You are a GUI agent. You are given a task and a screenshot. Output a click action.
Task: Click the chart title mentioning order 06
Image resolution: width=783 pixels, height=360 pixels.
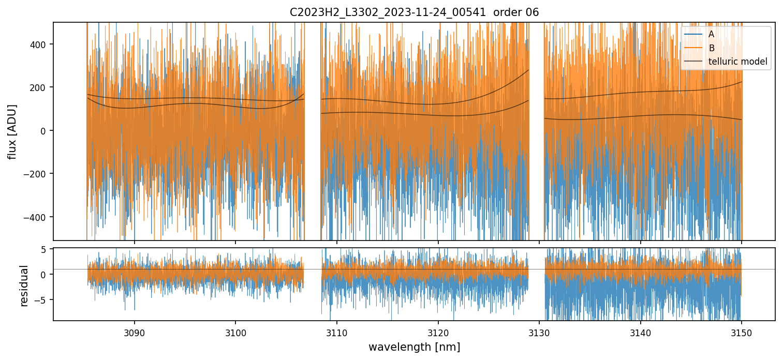click(413, 12)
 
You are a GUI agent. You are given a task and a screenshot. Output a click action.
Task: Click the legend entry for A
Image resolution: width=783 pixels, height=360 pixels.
click(712, 35)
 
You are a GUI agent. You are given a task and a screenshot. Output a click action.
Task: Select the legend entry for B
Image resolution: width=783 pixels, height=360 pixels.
click(712, 49)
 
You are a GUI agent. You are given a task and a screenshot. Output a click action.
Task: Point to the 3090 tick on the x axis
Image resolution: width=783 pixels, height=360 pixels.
click(135, 332)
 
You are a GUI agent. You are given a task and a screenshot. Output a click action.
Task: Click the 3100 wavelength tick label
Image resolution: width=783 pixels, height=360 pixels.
click(235, 332)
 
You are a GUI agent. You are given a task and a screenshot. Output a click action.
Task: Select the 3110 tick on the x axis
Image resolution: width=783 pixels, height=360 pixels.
click(337, 332)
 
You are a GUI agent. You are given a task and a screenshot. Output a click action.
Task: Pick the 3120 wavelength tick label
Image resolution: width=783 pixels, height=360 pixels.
click(438, 332)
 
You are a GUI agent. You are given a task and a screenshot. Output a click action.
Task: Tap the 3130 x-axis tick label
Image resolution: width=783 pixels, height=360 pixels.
click(539, 332)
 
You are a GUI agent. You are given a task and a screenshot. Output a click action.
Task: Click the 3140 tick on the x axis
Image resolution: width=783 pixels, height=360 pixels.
click(641, 332)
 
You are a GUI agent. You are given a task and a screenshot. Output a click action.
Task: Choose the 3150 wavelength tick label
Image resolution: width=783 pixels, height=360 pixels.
click(742, 332)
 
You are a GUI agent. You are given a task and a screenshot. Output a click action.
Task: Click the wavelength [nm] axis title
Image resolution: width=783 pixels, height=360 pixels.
click(414, 347)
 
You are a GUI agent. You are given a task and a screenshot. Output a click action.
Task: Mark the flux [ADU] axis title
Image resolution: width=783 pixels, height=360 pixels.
click(12, 131)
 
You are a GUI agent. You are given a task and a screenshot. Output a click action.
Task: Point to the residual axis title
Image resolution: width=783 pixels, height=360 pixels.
click(24, 285)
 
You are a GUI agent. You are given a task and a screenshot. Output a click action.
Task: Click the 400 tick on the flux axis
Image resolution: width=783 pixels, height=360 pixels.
click(40, 44)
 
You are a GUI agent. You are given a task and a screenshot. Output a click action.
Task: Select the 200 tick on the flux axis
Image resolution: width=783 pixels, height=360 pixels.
click(40, 87)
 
